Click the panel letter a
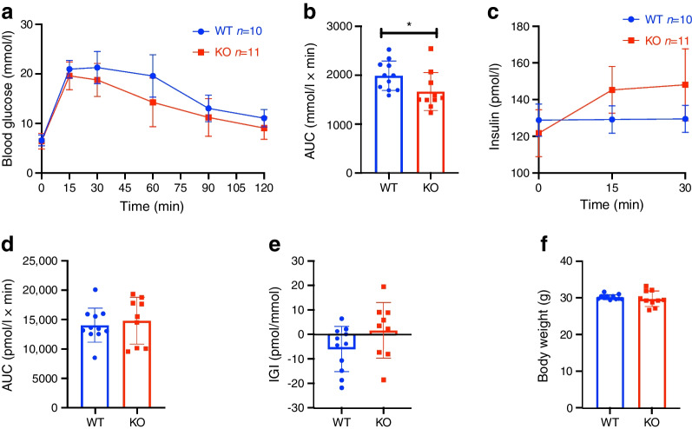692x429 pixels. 7,11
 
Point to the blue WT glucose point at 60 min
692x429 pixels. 153,76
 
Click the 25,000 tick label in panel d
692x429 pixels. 53,261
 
